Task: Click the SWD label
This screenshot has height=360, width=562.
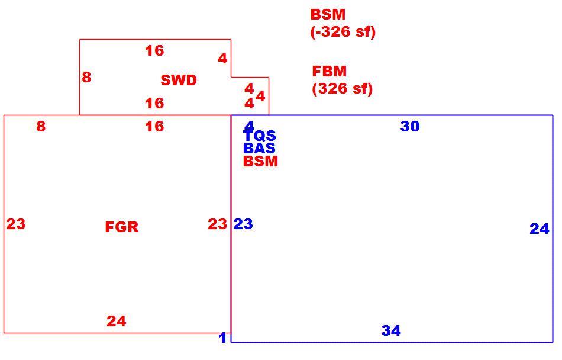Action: coord(179,80)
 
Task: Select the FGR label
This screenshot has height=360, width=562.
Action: coord(122,227)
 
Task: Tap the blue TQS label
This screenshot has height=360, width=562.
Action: coord(260,136)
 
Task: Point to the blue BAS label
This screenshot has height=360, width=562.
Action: coord(259,148)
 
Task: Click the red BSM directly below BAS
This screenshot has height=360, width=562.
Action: coord(260,162)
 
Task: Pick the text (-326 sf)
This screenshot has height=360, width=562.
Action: coord(343,31)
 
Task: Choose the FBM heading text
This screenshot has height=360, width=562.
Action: coord(330,71)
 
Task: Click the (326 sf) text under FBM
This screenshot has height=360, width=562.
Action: coord(343,88)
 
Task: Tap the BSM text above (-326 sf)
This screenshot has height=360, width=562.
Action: coord(328,14)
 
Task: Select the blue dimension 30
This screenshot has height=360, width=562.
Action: coord(410,126)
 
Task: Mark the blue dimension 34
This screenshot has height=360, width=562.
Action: coord(391,330)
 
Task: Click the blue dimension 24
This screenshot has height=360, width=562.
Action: coord(540,229)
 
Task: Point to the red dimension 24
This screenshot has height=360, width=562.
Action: coord(117,321)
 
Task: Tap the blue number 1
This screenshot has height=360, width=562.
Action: coord(222,337)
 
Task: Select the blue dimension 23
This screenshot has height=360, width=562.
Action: coord(243,224)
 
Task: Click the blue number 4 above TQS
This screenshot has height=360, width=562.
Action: coord(248,126)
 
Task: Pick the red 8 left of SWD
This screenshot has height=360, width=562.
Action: coord(86,77)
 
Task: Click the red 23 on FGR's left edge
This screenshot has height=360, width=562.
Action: coord(16,224)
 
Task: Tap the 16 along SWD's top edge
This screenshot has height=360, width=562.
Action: coord(154,50)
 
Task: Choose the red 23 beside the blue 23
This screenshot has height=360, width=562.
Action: coord(218,224)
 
